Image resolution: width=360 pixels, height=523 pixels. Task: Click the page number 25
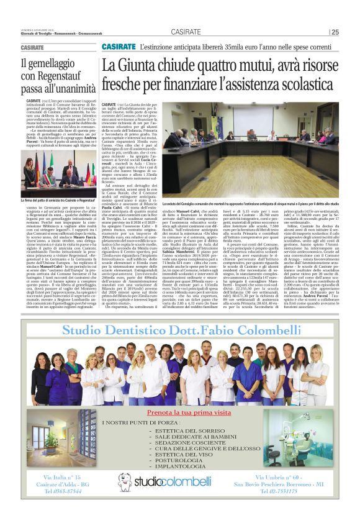(335, 32)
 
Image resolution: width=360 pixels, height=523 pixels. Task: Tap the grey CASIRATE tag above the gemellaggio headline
(32, 48)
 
